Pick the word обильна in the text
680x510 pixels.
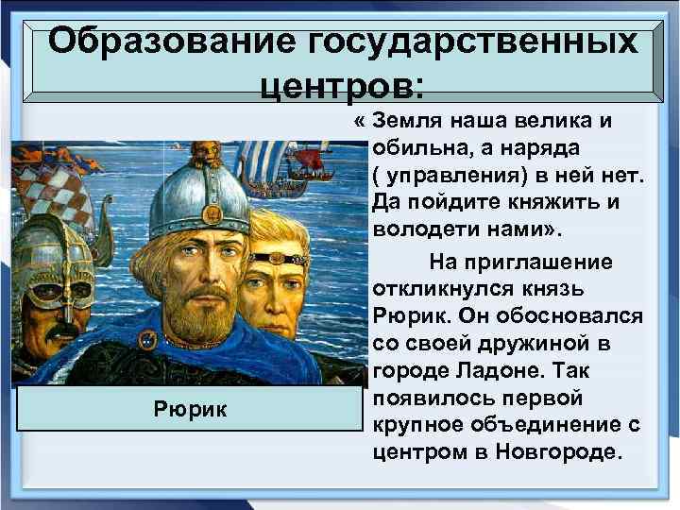point(419,148)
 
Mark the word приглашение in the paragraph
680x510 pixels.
point(549,261)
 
